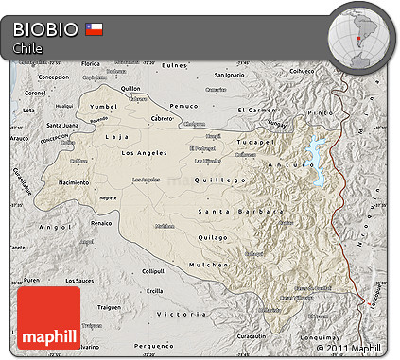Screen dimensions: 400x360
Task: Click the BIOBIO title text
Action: [45, 28]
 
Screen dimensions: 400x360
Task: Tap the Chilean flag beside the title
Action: [95, 28]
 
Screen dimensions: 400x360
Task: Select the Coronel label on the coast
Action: [35, 94]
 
